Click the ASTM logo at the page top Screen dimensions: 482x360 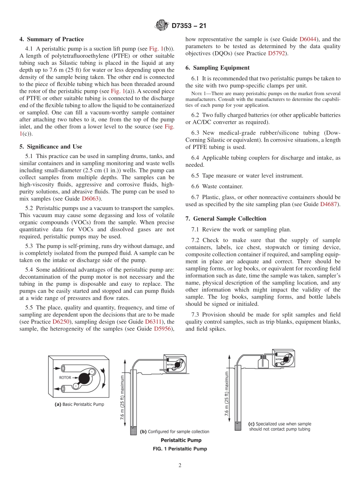click(x=162, y=26)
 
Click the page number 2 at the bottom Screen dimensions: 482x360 click(x=180, y=466)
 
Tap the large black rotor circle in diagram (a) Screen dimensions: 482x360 click(x=85, y=378)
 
